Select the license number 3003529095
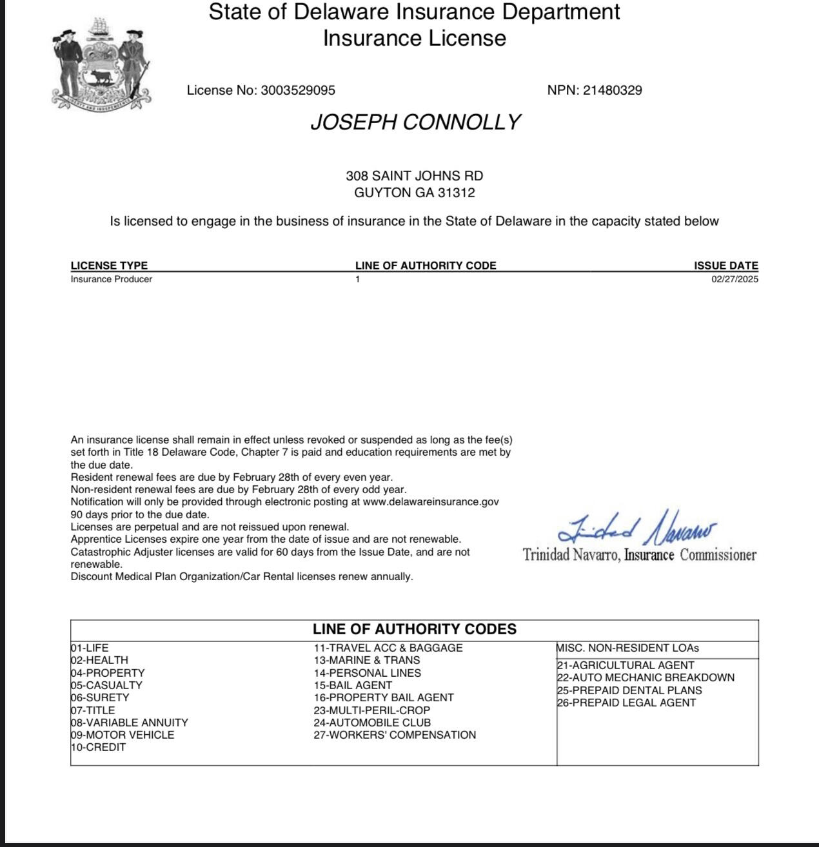pyautogui.click(x=297, y=90)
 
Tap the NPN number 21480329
pyautogui.click(x=613, y=90)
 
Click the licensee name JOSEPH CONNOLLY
pyautogui.click(x=415, y=122)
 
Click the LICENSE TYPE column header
pyautogui.click(x=109, y=266)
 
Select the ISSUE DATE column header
pyautogui.click(x=725, y=266)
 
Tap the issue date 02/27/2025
pyautogui.click(x=735, y=279)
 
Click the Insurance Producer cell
pyautogui.click(x=112, y=279)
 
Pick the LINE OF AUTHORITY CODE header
pyautogui.click(x=426, y=266)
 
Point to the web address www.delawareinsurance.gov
pyautogui.click(x=431, y=502)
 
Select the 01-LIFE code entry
pyautogui.click(x=90, y=648)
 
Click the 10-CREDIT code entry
pyautogui.click(x=98, y=747)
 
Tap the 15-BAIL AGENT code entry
pyautogui.click(x=353, y=685)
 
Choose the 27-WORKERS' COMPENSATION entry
pyautogui.click(x=395, y=735)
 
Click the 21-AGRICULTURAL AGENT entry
pyautogui.click(x=626, y=665)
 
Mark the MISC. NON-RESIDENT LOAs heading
pyautogui.click(x=627, y=648)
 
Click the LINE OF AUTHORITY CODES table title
pyautogui.click(x=415, y=629)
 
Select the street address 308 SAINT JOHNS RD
pyautogui.click(x=415, y=176)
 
